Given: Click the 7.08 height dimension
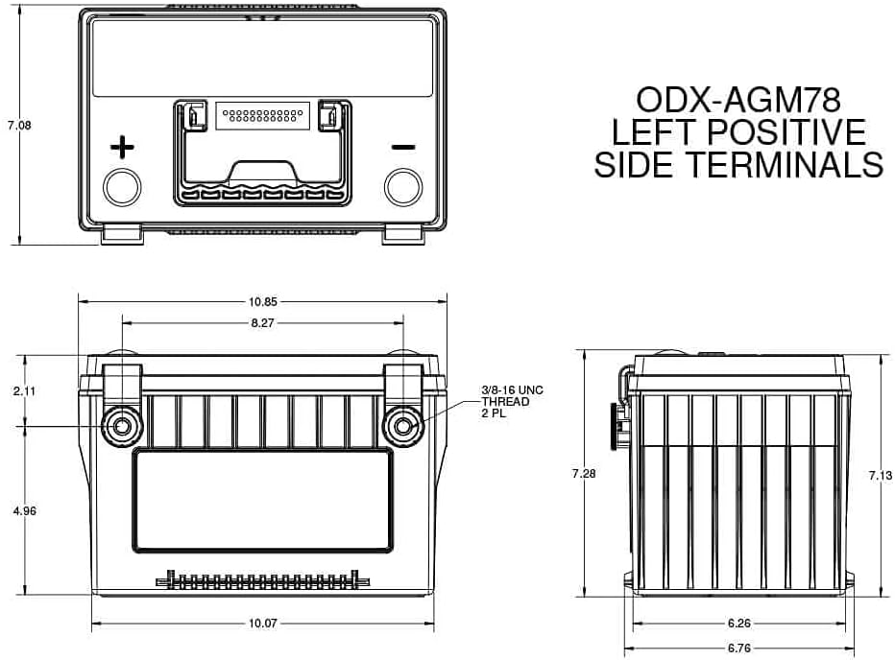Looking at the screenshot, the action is point(19,125).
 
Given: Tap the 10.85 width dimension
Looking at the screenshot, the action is point(262,302).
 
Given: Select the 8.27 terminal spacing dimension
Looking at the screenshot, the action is point(262,323).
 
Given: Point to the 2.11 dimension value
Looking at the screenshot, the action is point(25,390).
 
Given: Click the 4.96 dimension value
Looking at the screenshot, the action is point(25,510).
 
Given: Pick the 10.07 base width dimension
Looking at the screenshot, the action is point(262,623).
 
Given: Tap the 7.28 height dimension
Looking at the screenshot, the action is point(584,473).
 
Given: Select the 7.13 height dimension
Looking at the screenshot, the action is point(881,475).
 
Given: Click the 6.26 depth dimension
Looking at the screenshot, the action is point(739,623).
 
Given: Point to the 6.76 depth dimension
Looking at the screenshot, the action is point(739,648).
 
